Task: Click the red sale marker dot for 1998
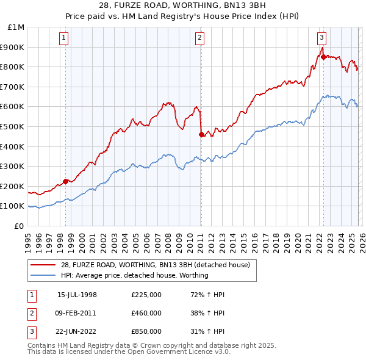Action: click(x=65, y=181)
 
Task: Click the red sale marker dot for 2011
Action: click(x=201, y=134)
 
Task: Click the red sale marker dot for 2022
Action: click(x=323, y=57)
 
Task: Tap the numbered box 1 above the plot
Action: click(x=64, y=38)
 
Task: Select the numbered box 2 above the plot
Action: click(x=199, y=38)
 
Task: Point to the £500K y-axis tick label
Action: click(x=13, y=127)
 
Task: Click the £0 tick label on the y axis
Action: click(x=18, y=226)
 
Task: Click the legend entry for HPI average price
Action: click(x=134, y=275)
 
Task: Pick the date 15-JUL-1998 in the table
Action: click(x=77, y=294)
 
